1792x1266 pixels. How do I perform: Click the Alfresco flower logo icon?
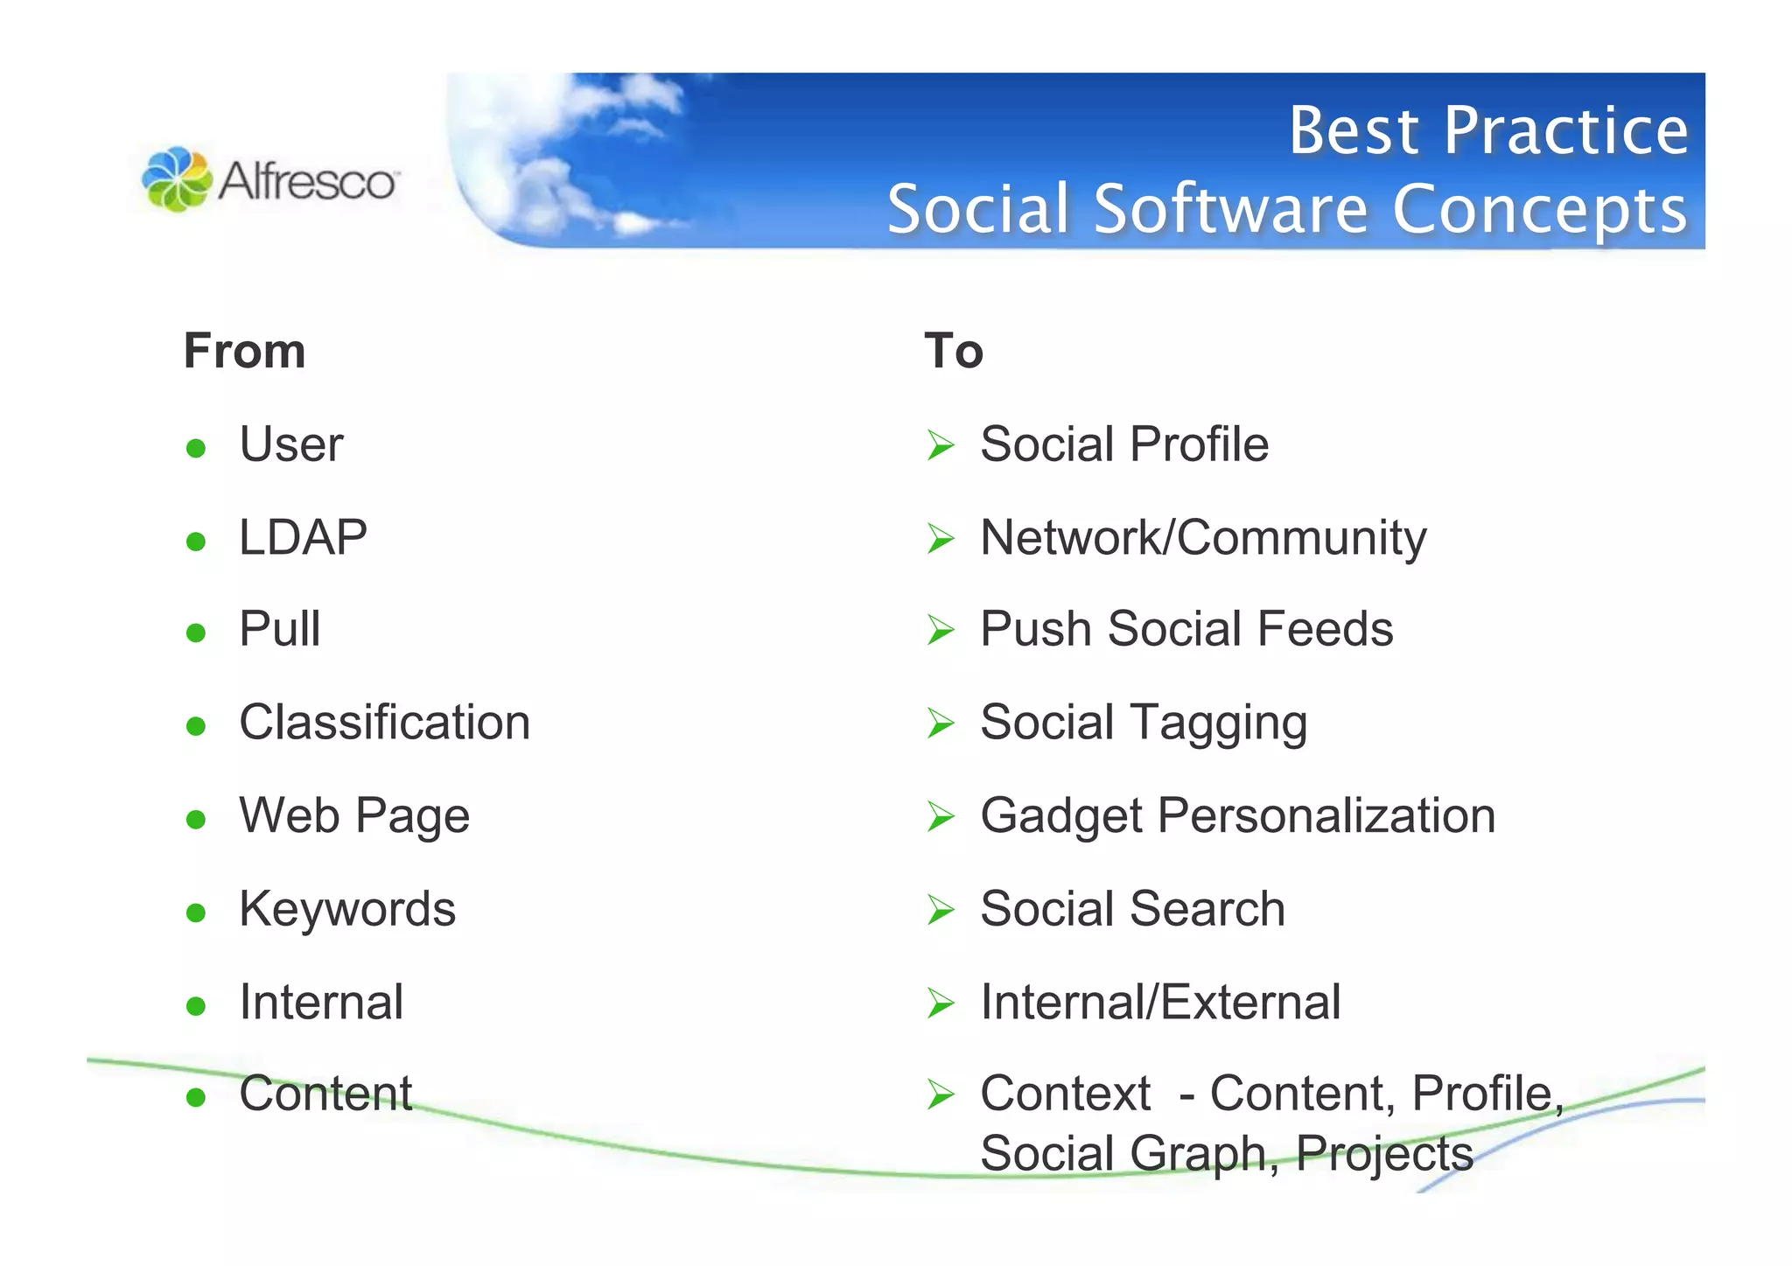pos(177,179)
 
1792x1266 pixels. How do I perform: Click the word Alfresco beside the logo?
pos(307,182)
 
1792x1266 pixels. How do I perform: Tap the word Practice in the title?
pos(1565,131)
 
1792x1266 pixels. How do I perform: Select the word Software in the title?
pos(1230,209)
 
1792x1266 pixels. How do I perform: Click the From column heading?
pos(244,351)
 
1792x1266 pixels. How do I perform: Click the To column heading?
pos(954,351)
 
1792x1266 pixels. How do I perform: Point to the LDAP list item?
pos(303,537)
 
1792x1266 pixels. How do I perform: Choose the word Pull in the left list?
pos(280,629)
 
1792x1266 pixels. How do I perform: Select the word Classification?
pos(384,723)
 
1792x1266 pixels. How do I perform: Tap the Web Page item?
pos(354,816)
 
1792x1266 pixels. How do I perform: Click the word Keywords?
pos(347,909)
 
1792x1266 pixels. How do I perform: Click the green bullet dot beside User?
pos(196,449)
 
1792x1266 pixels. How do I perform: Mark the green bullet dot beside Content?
pos(196,1097)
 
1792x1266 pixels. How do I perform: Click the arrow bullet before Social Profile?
pos(941,445)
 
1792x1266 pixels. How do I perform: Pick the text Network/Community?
pos(1203,537)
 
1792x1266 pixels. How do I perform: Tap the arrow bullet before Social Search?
pos(941,911)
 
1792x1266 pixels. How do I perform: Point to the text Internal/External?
pos(1160,1002)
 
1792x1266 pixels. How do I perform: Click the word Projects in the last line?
pos(1384,1154)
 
